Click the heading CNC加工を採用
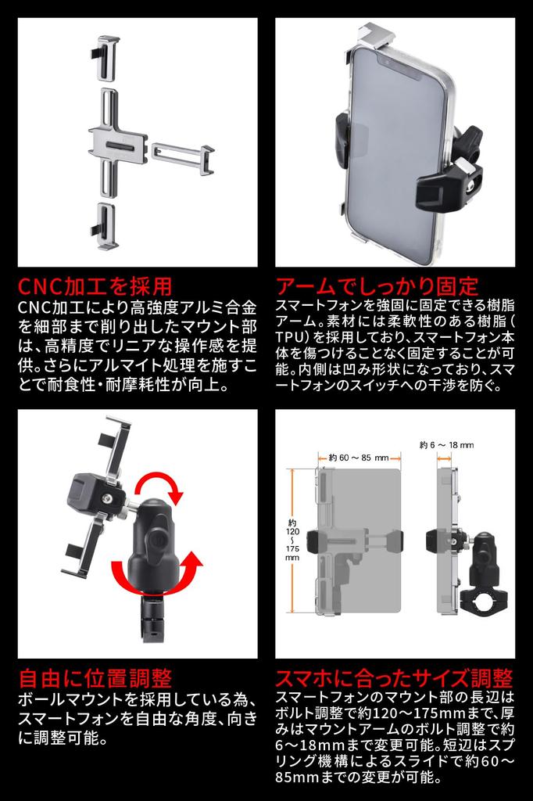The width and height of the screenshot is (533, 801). tap(95, 286)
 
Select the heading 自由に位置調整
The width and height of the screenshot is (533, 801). tap(95, 677)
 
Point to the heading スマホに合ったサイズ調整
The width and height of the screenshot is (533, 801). tap(395, 677)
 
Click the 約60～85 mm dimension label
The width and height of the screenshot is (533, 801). tap(359, 458)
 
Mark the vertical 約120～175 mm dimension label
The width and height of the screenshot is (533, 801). tap(292, 540)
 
